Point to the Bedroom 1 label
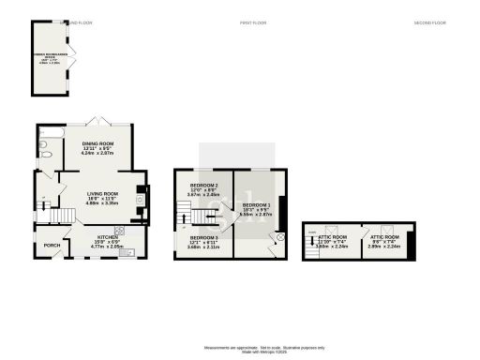coord(256,206)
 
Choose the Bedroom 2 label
coord(204,187)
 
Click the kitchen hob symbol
coord(120,232)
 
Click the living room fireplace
coord(141,198)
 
